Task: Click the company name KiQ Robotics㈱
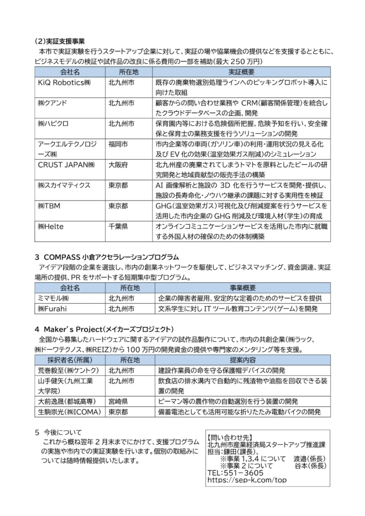(64, 83)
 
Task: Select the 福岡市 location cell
(118, 144)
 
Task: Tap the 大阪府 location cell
(118, 165)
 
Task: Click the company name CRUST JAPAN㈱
(66, 165)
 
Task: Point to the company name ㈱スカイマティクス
(64, 185)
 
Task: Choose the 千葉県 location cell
(118, 227)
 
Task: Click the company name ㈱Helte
(51, 227)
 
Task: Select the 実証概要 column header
(242, 72)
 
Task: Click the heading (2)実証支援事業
(59, 41)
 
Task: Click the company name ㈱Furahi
(53, 308)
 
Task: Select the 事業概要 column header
(242, 288)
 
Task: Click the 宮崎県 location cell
(118, 402)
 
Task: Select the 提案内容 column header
(242, 360)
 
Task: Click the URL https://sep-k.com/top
(247, 480)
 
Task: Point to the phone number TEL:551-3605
(235, 473)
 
